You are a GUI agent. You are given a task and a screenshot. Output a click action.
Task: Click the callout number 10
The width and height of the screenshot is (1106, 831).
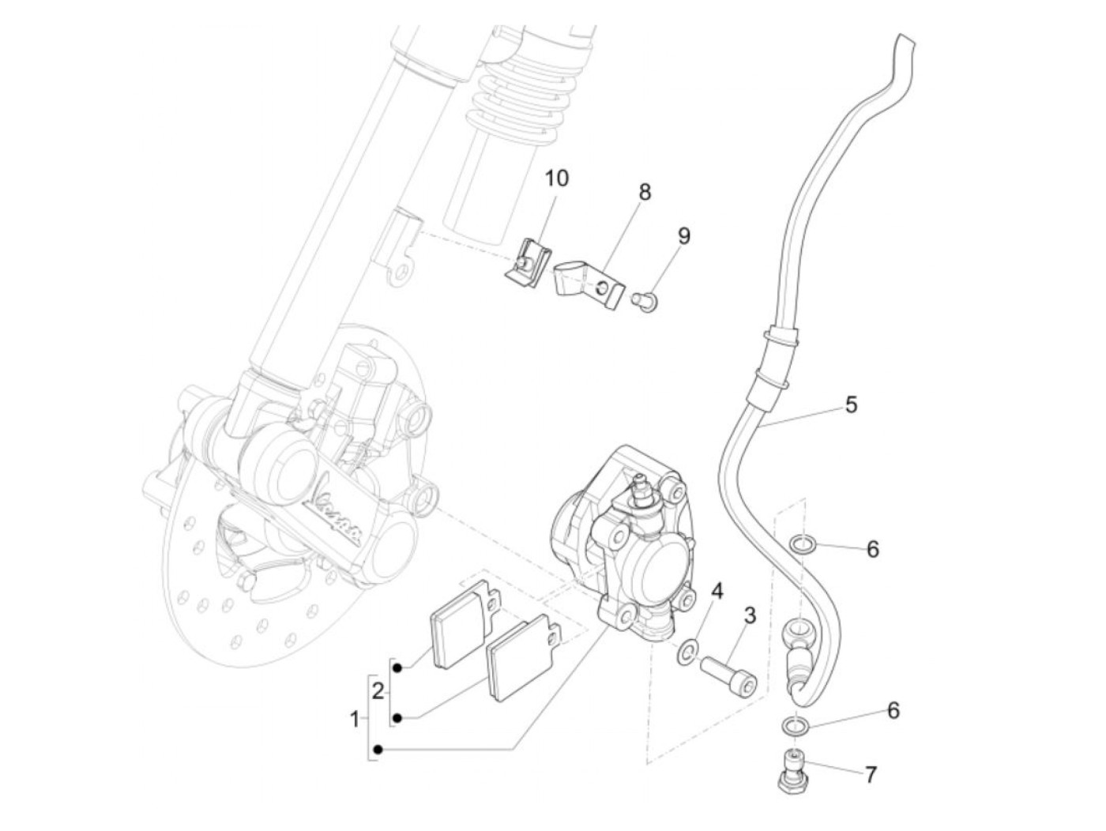(556, 178)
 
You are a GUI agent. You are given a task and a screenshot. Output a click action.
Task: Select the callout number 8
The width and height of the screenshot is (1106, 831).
(645, 192)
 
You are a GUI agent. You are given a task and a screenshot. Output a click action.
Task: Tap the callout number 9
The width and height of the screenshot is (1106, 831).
(683, 235)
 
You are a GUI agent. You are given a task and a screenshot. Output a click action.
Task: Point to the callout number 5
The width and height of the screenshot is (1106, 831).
(850, 404)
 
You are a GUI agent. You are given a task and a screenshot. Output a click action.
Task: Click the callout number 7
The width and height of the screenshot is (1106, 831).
(870, 775)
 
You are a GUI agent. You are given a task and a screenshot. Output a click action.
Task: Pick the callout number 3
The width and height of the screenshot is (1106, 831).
(749, 615)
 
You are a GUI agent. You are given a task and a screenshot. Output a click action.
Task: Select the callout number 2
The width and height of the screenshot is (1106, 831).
(378, 692)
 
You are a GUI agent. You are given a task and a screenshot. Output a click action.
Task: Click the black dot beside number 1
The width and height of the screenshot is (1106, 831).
(379, 749)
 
